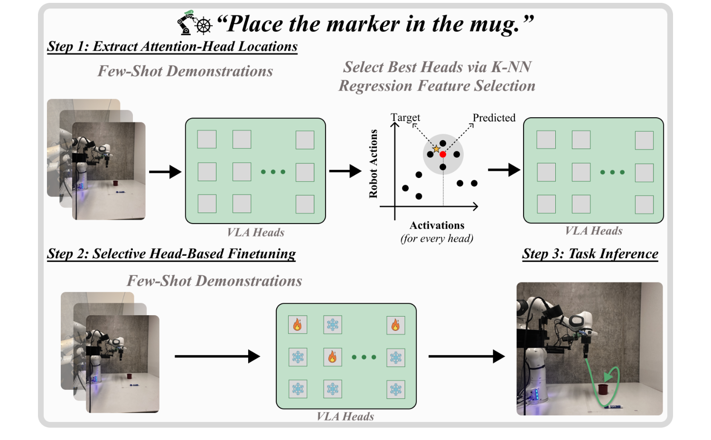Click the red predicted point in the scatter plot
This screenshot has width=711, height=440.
(x=442, y=154)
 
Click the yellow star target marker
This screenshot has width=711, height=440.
(x=436, y=149)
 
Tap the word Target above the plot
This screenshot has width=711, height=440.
(x=405, y=117)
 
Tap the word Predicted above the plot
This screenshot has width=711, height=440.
(x=494, y=118)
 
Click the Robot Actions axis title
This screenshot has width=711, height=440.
(x=374, y=164)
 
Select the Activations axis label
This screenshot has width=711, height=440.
(x=437, y=225)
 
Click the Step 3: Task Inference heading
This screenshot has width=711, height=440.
(x=590, y=254)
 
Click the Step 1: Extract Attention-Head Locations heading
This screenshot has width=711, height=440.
(x=172, y=47)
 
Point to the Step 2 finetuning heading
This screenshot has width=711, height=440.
(x=171, y=254)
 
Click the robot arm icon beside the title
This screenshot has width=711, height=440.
(x=186, y=23)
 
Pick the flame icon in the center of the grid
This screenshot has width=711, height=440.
(x=332, y=357)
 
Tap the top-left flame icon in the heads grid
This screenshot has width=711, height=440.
(x=298, y=325)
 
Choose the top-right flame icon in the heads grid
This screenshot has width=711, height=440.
(x=395, y=325)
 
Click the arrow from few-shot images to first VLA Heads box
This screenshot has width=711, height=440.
(x=165, y=172)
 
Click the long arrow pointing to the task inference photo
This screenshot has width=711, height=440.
(x=466, y=356)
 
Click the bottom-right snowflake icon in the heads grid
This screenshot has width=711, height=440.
(x=395, y=389)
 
